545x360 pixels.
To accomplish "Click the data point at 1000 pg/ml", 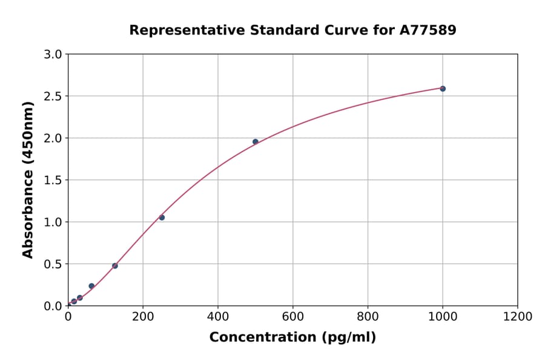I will click(x=443, y=88).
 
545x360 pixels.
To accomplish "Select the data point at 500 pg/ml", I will click(x=256, y=142).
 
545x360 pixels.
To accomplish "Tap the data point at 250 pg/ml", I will click(x=162, y=218).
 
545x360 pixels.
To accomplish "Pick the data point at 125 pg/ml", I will click(x=115, y=265).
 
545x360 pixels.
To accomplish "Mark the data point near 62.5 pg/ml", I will click(x=91, y=286).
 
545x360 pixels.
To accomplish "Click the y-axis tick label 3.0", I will click(x=54, y=55).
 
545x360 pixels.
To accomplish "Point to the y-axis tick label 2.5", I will click(x=54, y=96).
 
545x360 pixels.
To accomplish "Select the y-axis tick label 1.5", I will click(x=54, y=180).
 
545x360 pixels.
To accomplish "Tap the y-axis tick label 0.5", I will click(x=54, y=264).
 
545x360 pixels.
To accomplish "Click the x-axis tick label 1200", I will click(x=518, y=316).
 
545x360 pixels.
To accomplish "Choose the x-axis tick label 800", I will click(x=368, y=316).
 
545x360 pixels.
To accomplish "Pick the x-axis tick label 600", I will click(x=292, y=316).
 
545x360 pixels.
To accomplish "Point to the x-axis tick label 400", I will click(x=218, y=316).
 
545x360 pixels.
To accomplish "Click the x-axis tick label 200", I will click(x=143, y=316).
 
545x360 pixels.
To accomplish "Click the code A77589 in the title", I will click(x=428, y=30).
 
